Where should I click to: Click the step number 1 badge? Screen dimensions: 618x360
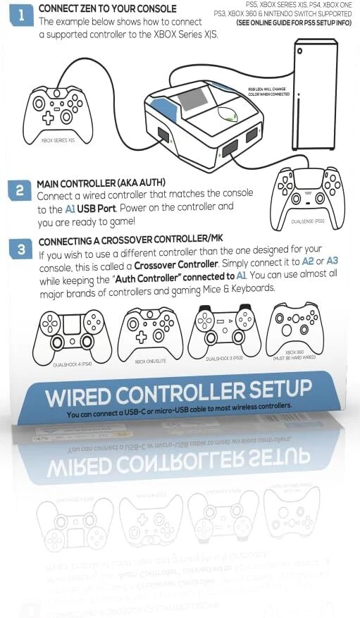tap(21, 16)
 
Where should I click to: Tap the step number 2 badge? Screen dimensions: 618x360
tap(20, 190)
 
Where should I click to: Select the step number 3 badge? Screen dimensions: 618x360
tap(22, 249)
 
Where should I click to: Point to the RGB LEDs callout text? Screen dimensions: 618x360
tap(268, 91)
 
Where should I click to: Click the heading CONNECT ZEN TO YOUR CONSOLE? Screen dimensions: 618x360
tap(108, 8)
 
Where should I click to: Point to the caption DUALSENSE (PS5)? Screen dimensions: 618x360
tap(308, 221)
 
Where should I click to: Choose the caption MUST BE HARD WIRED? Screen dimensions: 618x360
tap(294, 358)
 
